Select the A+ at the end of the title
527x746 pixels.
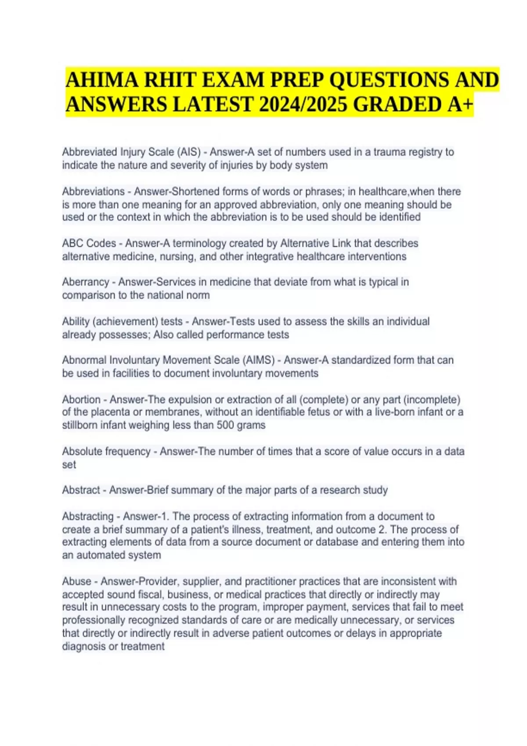[458, 105]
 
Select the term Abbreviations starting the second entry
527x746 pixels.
[93, 192]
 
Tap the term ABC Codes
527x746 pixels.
[89, 244]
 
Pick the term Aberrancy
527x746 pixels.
[85, 282]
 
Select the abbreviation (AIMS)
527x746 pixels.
[258, 360]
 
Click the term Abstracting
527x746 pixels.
[88, 516]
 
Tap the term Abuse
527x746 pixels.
[76, 581]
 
